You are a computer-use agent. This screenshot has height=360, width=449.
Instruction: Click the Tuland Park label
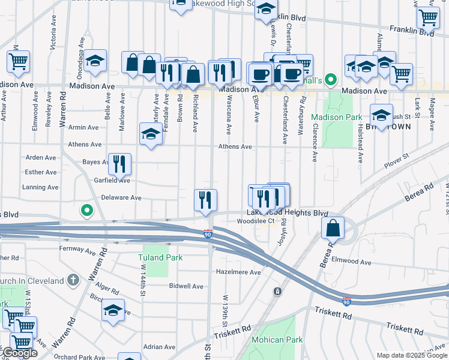point(160,257)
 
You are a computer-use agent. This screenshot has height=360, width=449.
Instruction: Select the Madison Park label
point(337,117)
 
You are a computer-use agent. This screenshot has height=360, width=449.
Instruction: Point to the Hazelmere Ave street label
point(239,272)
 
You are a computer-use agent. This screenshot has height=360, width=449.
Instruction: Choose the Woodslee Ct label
point(255,221)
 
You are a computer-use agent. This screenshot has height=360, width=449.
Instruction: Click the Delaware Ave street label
point(121,197)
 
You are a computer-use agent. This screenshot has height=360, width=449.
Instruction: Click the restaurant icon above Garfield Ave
point(119,164)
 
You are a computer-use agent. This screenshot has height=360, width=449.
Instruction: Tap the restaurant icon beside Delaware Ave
point(205,200)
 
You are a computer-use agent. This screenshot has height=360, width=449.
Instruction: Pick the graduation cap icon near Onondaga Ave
point(95,61)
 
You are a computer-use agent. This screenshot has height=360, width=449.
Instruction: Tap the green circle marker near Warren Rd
point(87,211)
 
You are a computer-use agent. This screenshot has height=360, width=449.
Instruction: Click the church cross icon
point(73,280)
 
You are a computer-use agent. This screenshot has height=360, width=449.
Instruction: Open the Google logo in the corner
point(19,353)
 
